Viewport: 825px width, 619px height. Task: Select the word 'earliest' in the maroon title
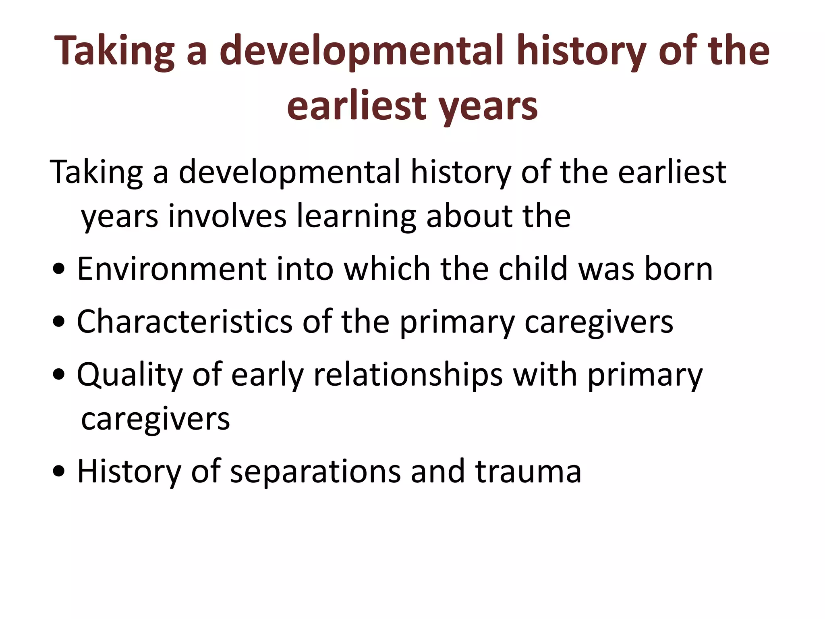[356, 106]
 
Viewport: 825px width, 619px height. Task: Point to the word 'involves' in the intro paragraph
[227, 216]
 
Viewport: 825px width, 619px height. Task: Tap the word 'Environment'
[171, 269]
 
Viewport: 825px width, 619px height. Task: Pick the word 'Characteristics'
[184, 322]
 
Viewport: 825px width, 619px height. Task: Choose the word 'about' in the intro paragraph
[469, 216]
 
